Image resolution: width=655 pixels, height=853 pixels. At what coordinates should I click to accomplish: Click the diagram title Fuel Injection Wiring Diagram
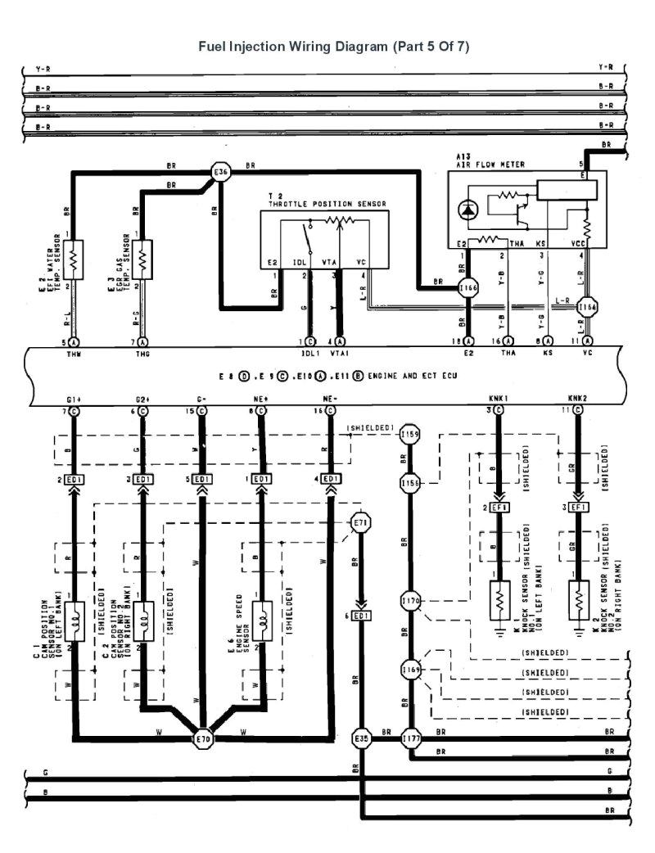coord(334,46)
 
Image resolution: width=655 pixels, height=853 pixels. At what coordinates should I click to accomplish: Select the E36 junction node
coord(221,172)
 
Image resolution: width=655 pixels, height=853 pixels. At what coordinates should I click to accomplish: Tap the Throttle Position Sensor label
coord(327,204)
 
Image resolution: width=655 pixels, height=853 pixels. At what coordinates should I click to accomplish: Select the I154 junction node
coord(586,308)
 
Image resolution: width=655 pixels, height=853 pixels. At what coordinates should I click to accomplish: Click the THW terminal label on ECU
coord(74,355)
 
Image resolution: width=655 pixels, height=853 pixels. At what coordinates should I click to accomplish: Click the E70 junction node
coord(202,738)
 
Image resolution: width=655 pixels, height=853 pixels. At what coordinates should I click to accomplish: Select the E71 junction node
coord(359,521)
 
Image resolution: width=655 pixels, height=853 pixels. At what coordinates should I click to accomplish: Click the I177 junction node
coord(411,738)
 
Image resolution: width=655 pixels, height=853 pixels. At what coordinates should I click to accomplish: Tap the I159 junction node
coord(409,434)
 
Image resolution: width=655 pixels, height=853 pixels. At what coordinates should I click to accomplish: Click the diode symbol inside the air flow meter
coord(468,210)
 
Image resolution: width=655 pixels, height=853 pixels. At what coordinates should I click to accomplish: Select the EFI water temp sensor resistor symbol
coord(74,260)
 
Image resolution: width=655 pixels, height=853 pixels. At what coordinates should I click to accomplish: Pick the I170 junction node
coord(411,602)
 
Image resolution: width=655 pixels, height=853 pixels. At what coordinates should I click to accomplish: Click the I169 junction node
coord(411,670)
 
